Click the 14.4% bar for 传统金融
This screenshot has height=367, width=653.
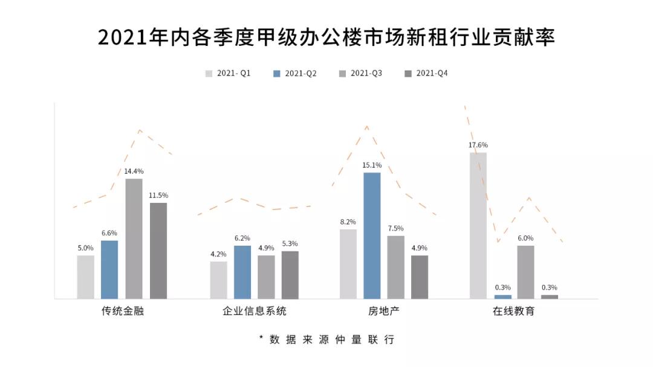[x=134, y=238]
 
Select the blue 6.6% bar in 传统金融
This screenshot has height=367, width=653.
[x=109, y=269]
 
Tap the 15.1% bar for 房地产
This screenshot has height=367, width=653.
[x=372, y=235]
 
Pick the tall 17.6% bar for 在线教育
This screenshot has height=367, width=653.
[x=478, y=225]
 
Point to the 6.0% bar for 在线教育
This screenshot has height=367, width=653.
[x=525, y=272]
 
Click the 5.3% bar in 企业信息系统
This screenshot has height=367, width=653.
[x=290, y=275]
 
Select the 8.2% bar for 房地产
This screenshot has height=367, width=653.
[x=348, y=264]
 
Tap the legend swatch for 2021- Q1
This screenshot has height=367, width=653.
[x=209, y=74]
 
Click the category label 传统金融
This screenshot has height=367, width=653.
[x=122, y=312]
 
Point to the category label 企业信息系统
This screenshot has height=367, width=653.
[x=255, y=312]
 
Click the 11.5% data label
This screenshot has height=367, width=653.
[x=158, y=196]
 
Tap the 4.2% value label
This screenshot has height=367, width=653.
[x=218, y=254]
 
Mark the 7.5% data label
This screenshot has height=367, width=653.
[x=395, y=228]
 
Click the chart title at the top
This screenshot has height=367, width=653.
[x=326, y=37]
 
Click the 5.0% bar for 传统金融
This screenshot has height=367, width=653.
[x=86, y=277]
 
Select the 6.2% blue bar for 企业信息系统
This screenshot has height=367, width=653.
[x=242, y=272]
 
